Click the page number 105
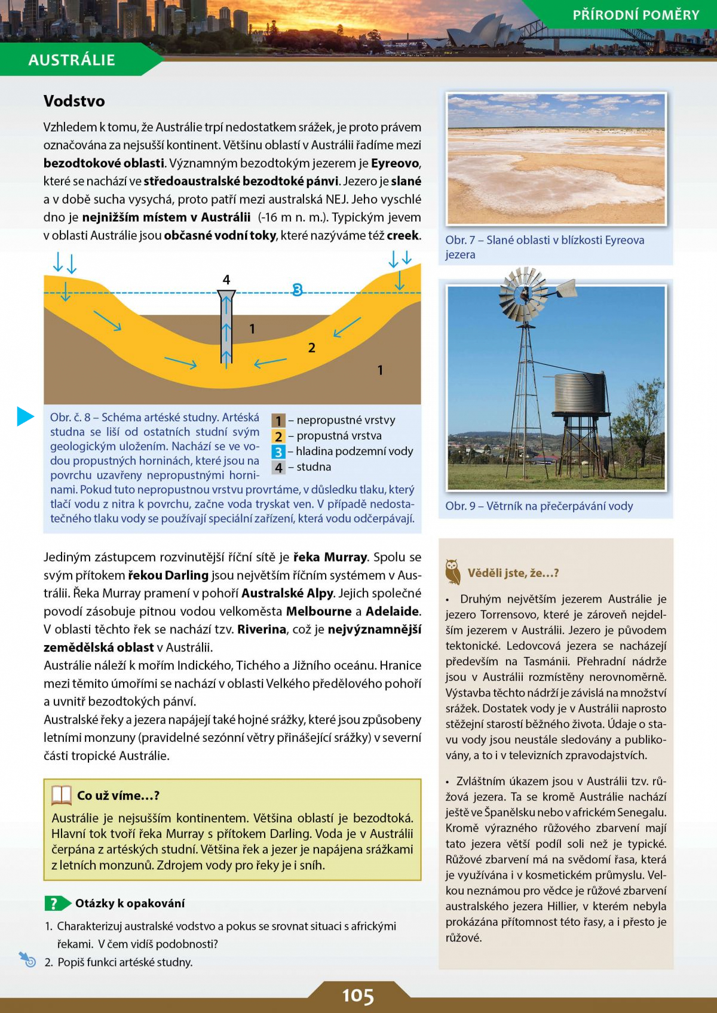pos(358,996)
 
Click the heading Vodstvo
pos(74,101)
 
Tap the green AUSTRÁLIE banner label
pos(72,60)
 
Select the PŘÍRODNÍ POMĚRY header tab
pos(635,15)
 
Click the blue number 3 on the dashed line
pos(297,290)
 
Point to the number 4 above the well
pos(226,280)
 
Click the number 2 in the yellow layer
pos(311,348)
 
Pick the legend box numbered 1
pos(278,420)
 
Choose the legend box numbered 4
pos(278,467)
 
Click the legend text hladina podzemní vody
pos(354,451)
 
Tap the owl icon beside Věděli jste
pos(453,572)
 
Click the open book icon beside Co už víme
pos(62,795)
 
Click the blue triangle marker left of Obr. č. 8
pos(26,416)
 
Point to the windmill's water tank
pos(580,392)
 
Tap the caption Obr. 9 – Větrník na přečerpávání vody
pos(539,506)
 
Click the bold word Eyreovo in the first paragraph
pos(395,163)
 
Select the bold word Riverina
pos(261,629)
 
